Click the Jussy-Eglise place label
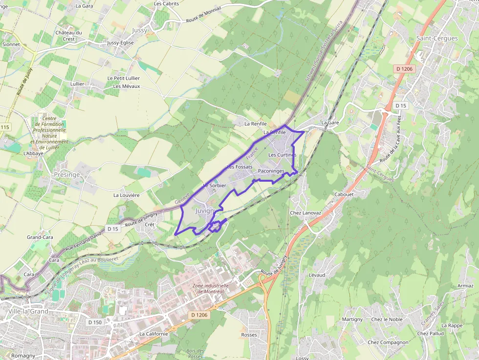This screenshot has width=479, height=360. click(x=120, y=43)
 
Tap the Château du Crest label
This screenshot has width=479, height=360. click(x=68, y=36)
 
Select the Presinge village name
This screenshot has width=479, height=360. click(x=67, y=174)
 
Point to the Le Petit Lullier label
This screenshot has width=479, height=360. click(x=124, y=78)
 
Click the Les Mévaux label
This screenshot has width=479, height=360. click(x=127, y=86)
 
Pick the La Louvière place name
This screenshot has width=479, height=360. click(x=127, y=195)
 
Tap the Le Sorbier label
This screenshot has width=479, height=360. click(x=215, y=186)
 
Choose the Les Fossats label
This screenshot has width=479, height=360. click(x=239, y=167)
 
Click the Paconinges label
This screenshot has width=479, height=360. click(x=271, y=171)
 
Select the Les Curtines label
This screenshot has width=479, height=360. click(x=283, y=155)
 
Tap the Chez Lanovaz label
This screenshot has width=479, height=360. click(x=305, y=212)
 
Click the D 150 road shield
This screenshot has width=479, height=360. click(x=95, y=322)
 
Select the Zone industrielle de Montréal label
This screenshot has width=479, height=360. click(x=211, y=289)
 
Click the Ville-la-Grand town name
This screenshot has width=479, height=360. click(x=28, y=311)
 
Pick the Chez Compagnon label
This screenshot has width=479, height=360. click(x=388, y=342)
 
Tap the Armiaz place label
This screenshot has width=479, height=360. click(x=465, y=286)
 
